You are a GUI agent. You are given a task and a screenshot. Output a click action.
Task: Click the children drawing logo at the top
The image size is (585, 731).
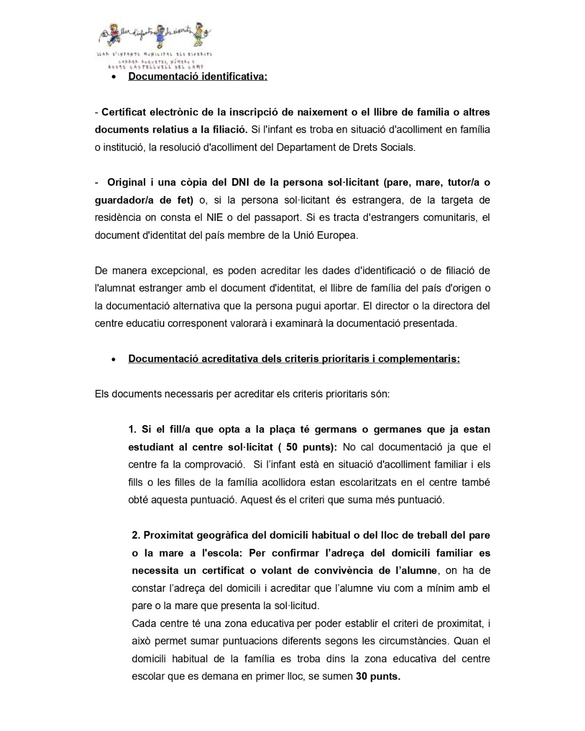(x=154, y=36)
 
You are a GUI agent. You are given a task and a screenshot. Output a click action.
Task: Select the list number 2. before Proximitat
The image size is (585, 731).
(x=136, y=536)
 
